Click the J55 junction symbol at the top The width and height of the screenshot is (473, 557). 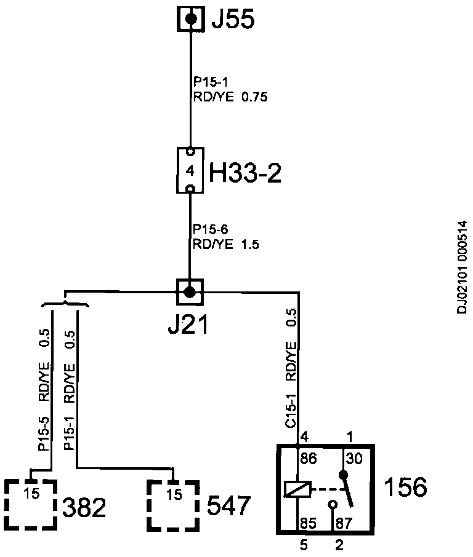tap(191, 19)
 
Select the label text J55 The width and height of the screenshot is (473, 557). tap(232, 20)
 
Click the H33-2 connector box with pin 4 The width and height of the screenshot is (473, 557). tap(190, 170)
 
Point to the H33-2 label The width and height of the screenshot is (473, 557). tap(245, 174)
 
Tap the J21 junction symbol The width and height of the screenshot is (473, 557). tap(190, 291)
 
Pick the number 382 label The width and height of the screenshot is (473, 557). tap(84, 508)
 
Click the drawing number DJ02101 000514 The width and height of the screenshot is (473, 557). tap(463, 267)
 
